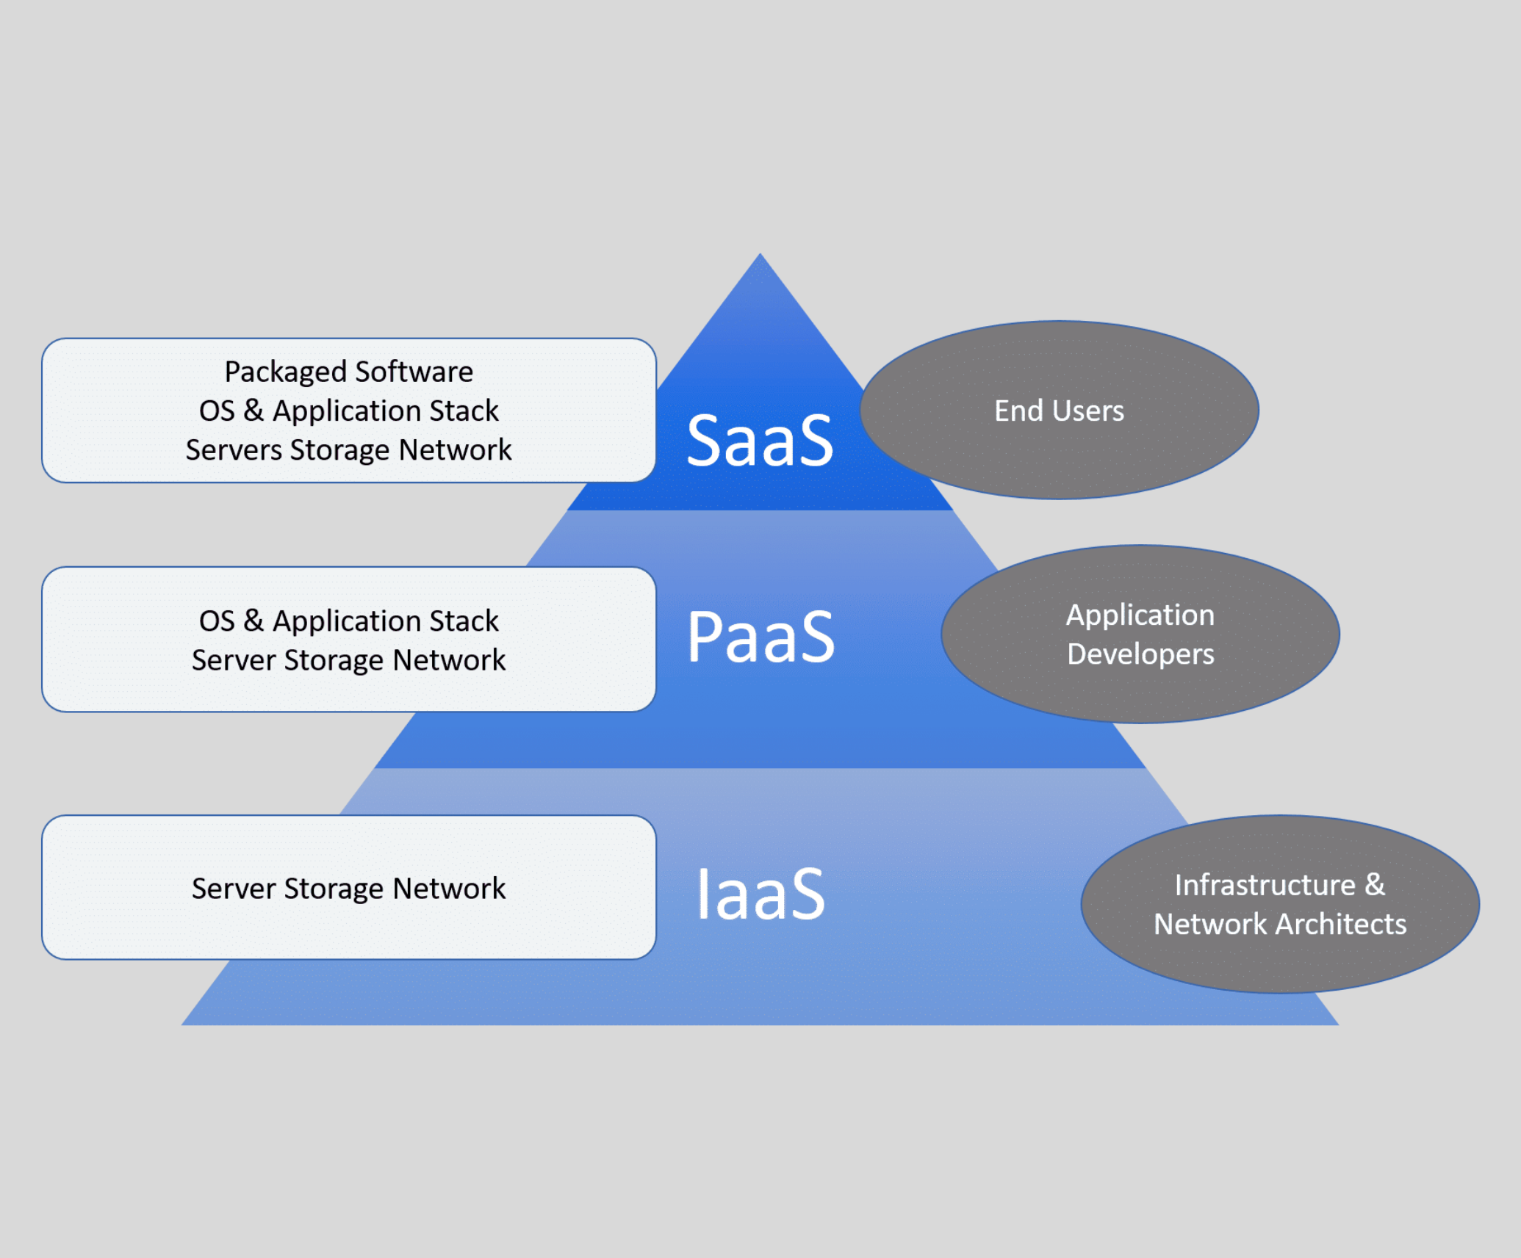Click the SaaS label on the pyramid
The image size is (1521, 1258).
pyautogui.click(x=760, y=441)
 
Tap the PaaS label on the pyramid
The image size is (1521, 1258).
pyautogui.click(x=760, y=637)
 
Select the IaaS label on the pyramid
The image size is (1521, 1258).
pyautogui.click(x=760, y=894)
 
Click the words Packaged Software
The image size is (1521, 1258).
pyautogui.click(x=348, y=372)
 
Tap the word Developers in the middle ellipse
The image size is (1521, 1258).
pyautogui.click(x=1140, y=654)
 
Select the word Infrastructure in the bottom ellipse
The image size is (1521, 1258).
pyautogui.click(x=1265, y=885)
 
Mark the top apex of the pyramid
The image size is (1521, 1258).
pyautogui.click(x=760, y=256)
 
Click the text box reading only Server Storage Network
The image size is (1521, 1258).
pyautogui.click(x=348, y=888)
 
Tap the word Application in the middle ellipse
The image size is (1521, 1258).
pyautogui.click(x=1140, y=615)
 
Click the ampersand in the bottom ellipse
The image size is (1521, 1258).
pyautogui.click(x=1375, y=885)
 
